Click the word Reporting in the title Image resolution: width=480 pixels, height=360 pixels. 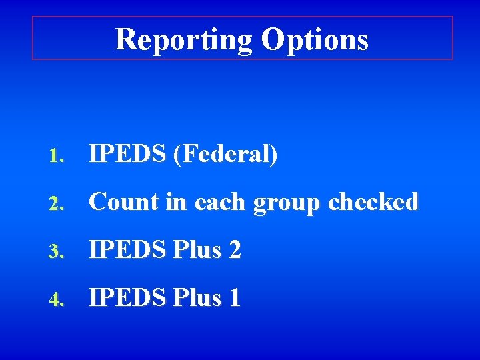pos(183,39)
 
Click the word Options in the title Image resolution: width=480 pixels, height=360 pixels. pos(315,39)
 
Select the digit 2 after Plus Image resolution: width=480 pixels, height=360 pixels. pos(235,250)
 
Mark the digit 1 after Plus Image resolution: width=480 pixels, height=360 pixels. pos(234,297)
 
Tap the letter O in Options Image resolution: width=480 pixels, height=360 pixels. pos(273,39)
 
